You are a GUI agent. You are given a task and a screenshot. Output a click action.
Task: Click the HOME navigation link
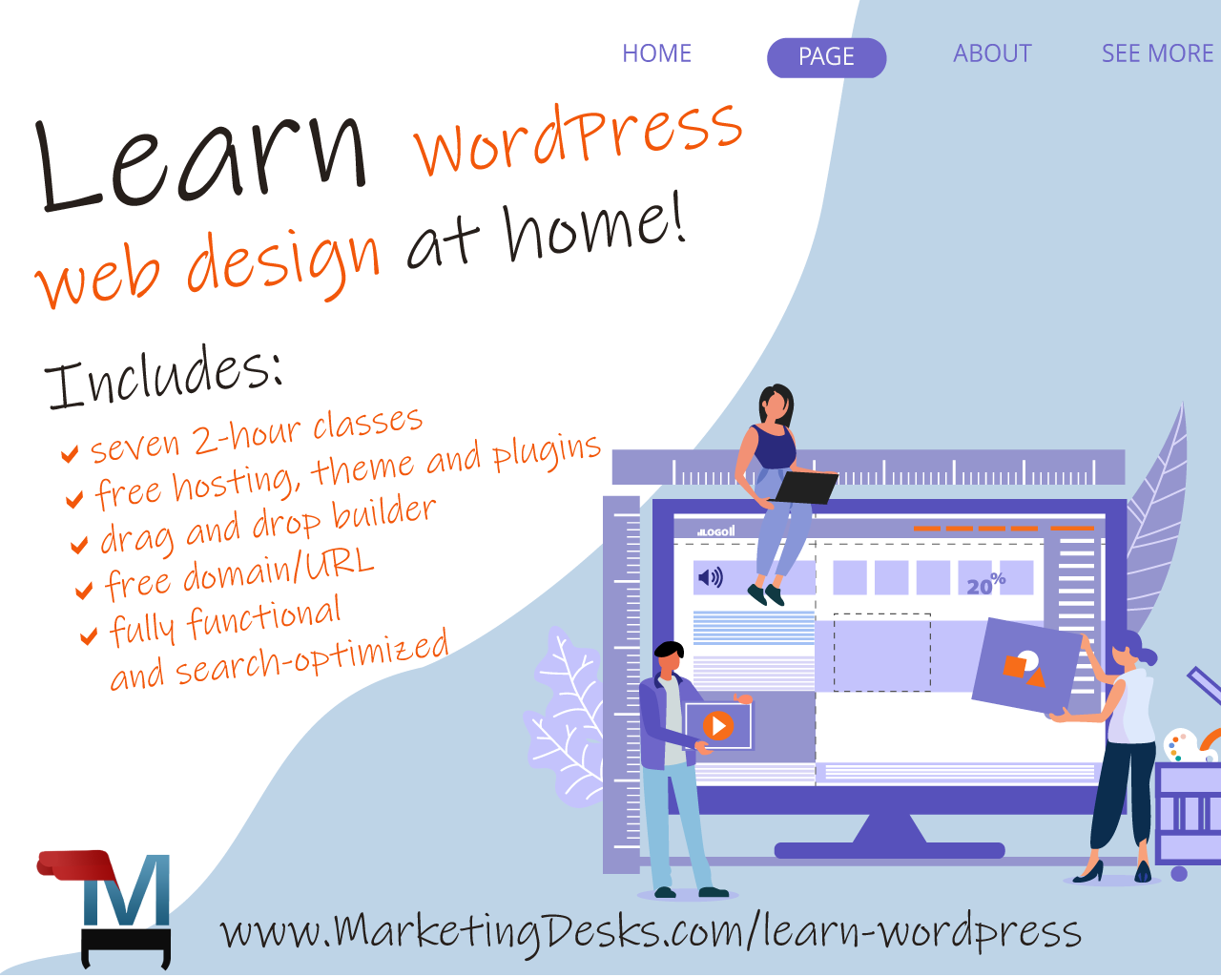pyautogui.click(x=656, y=53)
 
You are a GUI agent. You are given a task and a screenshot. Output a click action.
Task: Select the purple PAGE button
pyautogui.click(x=826, y=57)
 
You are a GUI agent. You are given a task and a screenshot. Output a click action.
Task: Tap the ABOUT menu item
pyautogui.click(x=992, y=53)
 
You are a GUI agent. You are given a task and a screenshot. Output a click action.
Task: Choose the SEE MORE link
pyautogui.click(x=1157, y=53)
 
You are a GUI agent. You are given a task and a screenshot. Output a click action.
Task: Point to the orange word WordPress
pyautogui.click(x=578, y=136)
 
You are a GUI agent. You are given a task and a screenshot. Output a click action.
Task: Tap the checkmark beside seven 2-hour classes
pyautogui.click(x=70, y=453)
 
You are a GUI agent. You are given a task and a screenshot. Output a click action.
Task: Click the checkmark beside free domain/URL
pyautogui.click(x=85, y=591)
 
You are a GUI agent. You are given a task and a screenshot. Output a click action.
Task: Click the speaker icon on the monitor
pyautogui.click(x=710, y=577)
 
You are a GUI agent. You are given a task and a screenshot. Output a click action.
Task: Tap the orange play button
pyautogui.click(x=718, y=726)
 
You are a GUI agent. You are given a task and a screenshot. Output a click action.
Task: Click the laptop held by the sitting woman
pyautogui.click(x=806, y=487)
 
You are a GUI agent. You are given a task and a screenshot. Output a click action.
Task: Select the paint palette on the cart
pyautogui.click(x=1179, y=745)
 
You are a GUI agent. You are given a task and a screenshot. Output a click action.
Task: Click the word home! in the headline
pyautogui.click(x=594, y=229)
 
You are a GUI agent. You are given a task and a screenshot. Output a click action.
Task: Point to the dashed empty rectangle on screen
pyautogui.click(x=881, y=653)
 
